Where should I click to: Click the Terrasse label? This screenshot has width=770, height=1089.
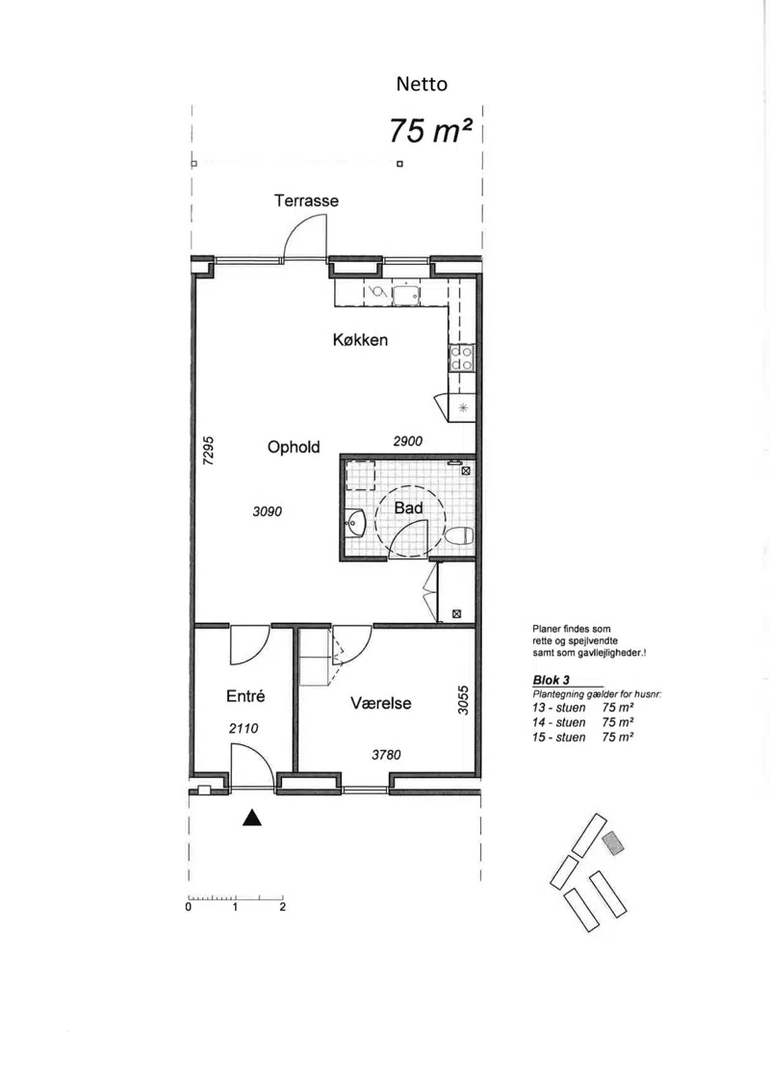(x=306, y=200)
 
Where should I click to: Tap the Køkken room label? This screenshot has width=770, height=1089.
(x=360, y=340)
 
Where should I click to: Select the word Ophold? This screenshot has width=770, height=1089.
(x=294, y=448)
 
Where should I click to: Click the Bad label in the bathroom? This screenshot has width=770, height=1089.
(x=408, y=507)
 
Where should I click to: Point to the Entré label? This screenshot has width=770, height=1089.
(x=245, y=696)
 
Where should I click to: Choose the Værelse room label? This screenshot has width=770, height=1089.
(x=381, y=704)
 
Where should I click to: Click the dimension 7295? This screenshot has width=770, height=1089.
(x=208, y=451)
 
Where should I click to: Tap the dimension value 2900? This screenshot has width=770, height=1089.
(x=407, y=441)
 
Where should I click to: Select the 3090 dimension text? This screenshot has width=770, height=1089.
(x=268, y=512)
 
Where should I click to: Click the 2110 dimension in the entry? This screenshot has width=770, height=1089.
(x=244, y=729)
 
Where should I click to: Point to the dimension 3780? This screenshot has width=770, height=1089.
(x=386, y=755)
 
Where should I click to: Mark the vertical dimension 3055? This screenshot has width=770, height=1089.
(x=463, y=700)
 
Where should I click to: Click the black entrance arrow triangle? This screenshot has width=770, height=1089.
(x=252, y=817)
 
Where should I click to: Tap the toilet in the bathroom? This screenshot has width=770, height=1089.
(x=460, y=536)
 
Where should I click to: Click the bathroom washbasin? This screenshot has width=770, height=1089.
(x=355, y=522)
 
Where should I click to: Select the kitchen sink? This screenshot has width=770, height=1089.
(x=405, y=296)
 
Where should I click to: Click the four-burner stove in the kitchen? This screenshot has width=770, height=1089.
(x=462, y=358)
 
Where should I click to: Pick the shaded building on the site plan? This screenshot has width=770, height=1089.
(x=613, y=843)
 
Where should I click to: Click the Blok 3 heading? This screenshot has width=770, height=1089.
(x=552, y=680)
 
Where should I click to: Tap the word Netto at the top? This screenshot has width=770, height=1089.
(x=422, y=84)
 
